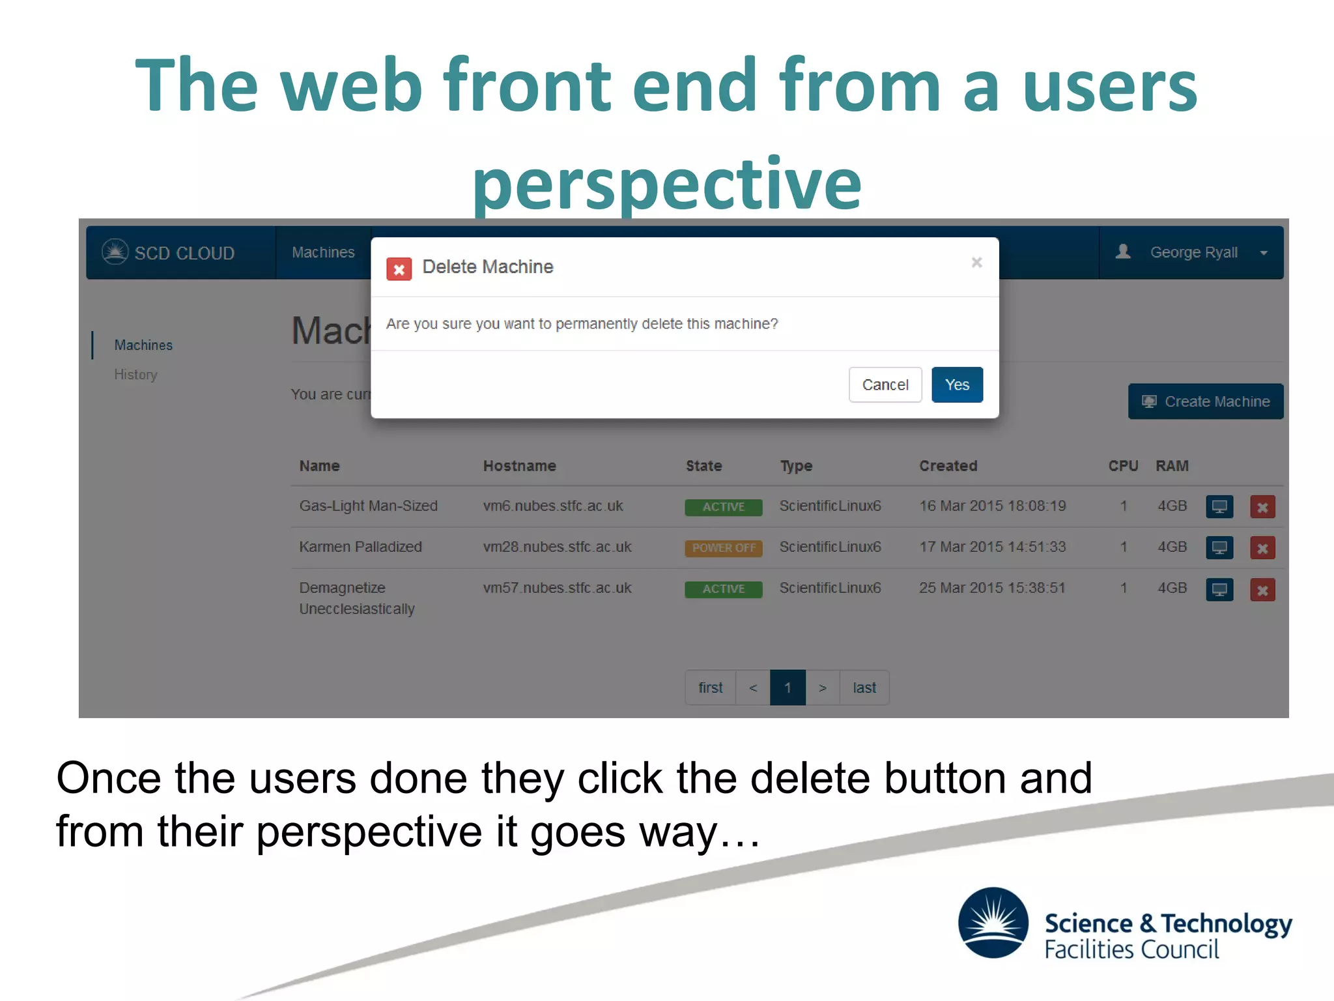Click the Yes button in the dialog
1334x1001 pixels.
coord(956,384)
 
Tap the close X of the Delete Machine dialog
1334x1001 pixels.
coord(976,262)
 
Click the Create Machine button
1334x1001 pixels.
coord(1205,401)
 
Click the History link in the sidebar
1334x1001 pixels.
coord(135,375)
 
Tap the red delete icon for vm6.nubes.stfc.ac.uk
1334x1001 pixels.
coord(1262,507)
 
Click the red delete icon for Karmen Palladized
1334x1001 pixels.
coord(1262,548)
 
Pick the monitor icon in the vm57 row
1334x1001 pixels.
coord(1219,590)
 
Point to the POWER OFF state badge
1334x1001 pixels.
coord(723,548)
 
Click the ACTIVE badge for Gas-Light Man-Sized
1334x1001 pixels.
coord(723,507)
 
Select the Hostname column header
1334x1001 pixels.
coord(519,466)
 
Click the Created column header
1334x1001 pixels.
coord(948,466)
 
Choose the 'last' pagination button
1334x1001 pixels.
coord(864,688)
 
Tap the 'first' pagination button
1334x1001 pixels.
coord(710,688)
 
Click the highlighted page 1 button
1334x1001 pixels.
coord(788,688)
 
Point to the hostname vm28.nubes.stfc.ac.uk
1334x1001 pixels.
coord(557,547)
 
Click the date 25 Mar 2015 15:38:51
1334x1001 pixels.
coord(991,588)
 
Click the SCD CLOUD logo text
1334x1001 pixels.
coord(184,253)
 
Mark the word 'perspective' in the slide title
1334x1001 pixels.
coord(666,184)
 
